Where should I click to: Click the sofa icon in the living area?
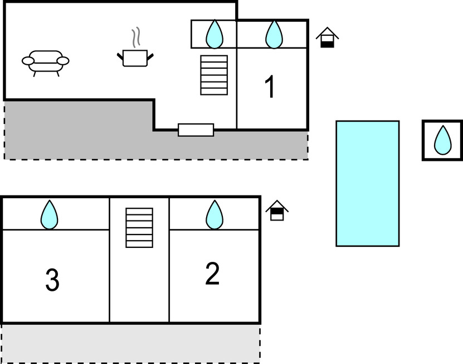[46, 61]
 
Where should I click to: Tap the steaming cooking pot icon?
[135, 58]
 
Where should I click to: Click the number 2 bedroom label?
[212, 274]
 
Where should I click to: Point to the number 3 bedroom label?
[52, 280]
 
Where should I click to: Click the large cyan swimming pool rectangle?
[367, 183]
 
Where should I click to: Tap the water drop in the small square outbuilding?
[442, 140]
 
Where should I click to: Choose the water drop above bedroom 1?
[274, 34]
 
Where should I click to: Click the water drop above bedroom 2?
[214, 214]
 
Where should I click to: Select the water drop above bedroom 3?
[50, 214]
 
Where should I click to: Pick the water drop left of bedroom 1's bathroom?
[214, 34]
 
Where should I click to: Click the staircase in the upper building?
[214, 75]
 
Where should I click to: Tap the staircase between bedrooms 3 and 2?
[139, 227]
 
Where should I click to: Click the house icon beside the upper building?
[327, 37]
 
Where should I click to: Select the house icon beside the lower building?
[277, 210]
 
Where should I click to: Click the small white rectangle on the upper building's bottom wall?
[196, 130]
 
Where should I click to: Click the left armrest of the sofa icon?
[28, 60]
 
